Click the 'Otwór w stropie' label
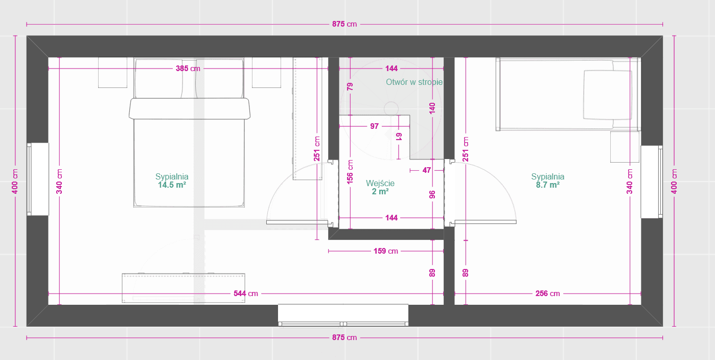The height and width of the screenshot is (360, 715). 414,82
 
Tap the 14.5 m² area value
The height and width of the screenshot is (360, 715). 172,185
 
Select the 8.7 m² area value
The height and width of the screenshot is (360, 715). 547,185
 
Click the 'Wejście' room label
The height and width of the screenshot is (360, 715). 380,183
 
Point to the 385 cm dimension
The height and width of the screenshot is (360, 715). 188,69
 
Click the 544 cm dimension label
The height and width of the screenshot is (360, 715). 245,293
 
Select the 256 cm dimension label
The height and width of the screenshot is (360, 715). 547,293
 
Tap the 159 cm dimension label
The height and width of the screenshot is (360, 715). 385,251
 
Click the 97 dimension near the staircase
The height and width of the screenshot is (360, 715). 375,126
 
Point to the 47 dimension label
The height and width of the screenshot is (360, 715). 426,170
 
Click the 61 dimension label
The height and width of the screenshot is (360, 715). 399,137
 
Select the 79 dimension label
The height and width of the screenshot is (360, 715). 350,86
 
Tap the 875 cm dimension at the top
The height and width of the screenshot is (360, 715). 344,24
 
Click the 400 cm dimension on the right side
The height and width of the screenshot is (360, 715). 674,181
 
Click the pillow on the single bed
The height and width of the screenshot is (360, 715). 608,95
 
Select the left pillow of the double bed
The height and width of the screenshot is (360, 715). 158,79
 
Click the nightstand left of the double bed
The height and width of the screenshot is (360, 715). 112,73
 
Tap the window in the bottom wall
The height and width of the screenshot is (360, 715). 343,316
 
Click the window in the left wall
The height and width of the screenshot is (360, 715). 38,179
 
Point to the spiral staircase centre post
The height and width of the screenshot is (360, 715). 391,109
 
